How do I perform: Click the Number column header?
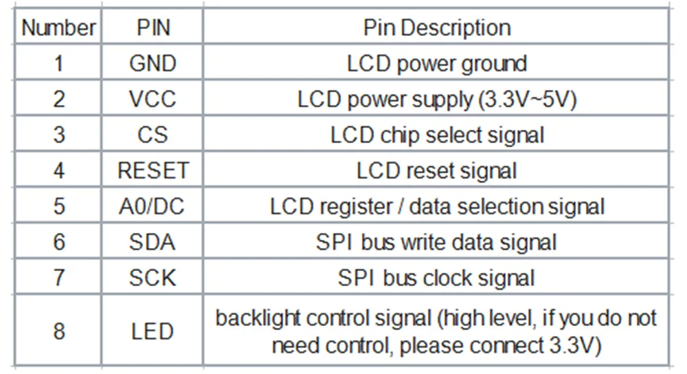[58, 28]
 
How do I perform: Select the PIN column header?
[153, 28]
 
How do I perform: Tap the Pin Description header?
[437, 28]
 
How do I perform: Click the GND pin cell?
[153, 64]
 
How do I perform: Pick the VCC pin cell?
[153, 100]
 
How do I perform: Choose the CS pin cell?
[153, 135]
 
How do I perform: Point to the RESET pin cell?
[153, 170]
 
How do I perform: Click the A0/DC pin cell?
[153, 206]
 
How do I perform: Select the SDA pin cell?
[153, 242]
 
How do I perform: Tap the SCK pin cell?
[153, 278]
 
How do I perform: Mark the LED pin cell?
[153, 331]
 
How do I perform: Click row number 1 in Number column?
[59, 64]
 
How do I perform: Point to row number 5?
[59, 206]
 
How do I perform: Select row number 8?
[59, 331]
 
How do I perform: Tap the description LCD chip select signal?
[437, 135]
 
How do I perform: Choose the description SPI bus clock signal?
[437, 278]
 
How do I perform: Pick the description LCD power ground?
[437, 64]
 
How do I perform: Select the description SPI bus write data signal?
[437, 242]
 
